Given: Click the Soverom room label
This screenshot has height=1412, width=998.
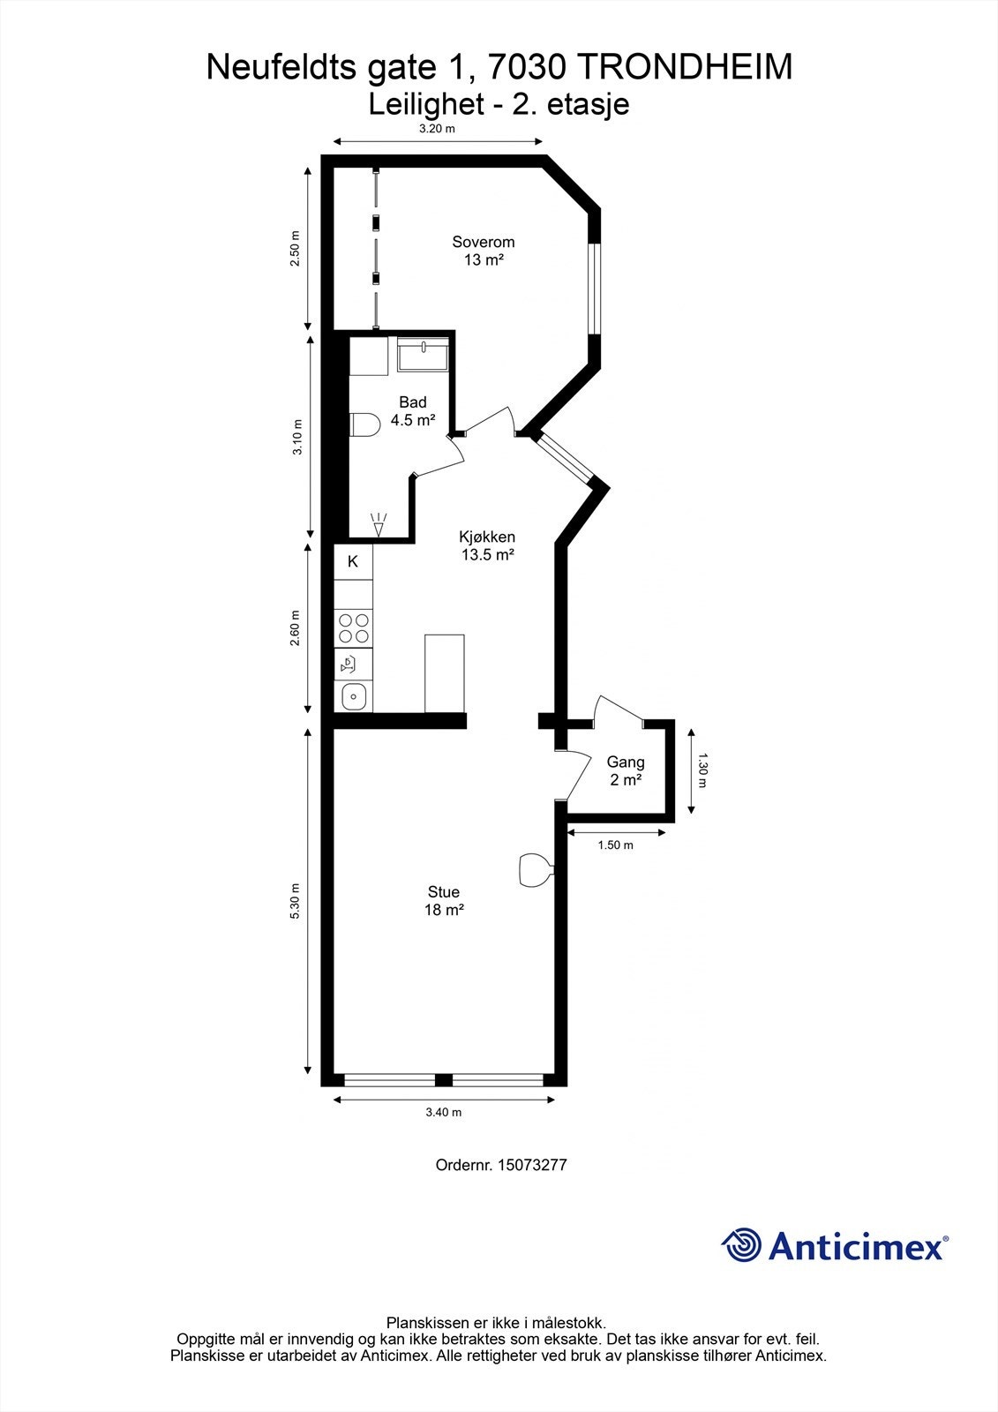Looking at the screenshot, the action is (x=484, y=251).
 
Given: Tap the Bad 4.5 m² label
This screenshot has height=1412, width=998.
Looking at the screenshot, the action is (x=413, y=411).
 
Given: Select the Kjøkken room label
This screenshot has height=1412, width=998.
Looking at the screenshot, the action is (x=487, y=546).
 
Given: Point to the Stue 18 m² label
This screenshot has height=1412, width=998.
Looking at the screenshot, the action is (x=444, y=901).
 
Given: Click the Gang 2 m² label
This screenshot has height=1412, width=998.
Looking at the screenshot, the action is (x=626, y=771).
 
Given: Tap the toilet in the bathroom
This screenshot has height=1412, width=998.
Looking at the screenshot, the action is (x=364, y=424).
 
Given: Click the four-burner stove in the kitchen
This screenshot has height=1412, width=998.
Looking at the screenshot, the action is (x=354, y=627).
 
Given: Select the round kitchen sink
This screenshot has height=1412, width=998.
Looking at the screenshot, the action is (x=354, y=696).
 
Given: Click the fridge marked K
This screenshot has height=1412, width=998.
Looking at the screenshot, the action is (x=353, y=561).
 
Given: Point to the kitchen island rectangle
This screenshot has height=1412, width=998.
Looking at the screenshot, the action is (x=445, y=674).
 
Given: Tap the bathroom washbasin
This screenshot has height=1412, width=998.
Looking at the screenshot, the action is (x=423, y=354).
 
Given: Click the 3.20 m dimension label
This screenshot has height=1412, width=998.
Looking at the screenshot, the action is (x=438, y=129).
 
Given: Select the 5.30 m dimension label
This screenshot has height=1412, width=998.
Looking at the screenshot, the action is (x=295, y=901).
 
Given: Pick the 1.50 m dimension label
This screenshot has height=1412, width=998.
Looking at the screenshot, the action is (x=615, y=845).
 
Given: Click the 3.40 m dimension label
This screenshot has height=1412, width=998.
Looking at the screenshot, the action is (x=444, y=1113).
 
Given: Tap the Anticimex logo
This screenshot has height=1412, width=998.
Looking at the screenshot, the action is (x=835, y=1245).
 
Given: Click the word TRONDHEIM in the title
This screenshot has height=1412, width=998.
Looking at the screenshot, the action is (x=685, y=67).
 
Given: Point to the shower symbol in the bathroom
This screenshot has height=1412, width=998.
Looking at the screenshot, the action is (x=379, y=525).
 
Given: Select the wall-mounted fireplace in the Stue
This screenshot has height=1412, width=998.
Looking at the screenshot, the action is (x=537, y=870).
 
